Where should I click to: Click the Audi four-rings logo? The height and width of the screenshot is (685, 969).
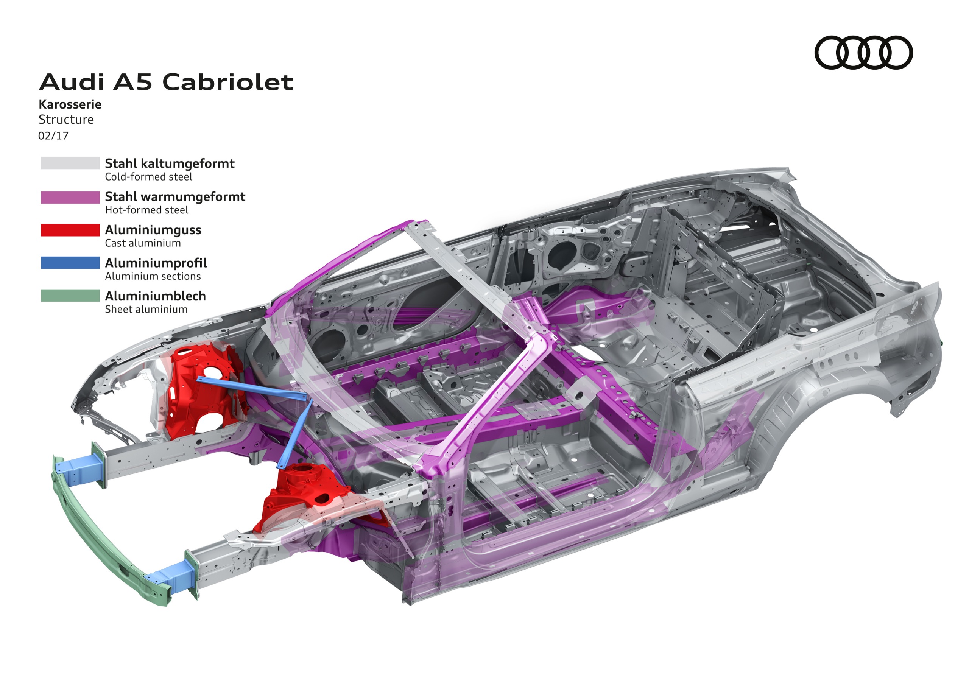coord(863,52)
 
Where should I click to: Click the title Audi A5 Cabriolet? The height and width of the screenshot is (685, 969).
coord(166,82)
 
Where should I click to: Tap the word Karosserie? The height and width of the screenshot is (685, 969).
coord(70,104)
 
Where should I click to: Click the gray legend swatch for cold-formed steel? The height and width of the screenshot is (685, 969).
coord(70,163)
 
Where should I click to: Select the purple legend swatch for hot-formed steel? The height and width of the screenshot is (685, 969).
coord(70,197)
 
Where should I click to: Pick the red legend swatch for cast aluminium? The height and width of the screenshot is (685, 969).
coord(70,230)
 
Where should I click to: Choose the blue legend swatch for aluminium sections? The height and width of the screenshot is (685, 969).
coord(70,263)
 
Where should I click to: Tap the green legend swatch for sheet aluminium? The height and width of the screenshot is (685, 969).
coord(70,296)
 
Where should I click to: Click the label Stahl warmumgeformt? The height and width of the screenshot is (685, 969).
coord(175,197)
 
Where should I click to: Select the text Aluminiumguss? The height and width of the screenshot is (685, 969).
coord(153,230)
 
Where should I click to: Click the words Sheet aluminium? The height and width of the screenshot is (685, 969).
coord(146,309)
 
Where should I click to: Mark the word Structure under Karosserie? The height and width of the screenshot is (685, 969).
coord(66,120)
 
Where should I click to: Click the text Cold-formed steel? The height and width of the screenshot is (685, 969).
coord(148,177)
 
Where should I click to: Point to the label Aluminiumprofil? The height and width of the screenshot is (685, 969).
coord(156,263)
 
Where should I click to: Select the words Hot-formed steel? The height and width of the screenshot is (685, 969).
coord(146,210)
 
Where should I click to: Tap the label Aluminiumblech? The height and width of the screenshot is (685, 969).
coord(155,296)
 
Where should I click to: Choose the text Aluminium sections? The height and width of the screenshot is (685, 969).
coord(153,276)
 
